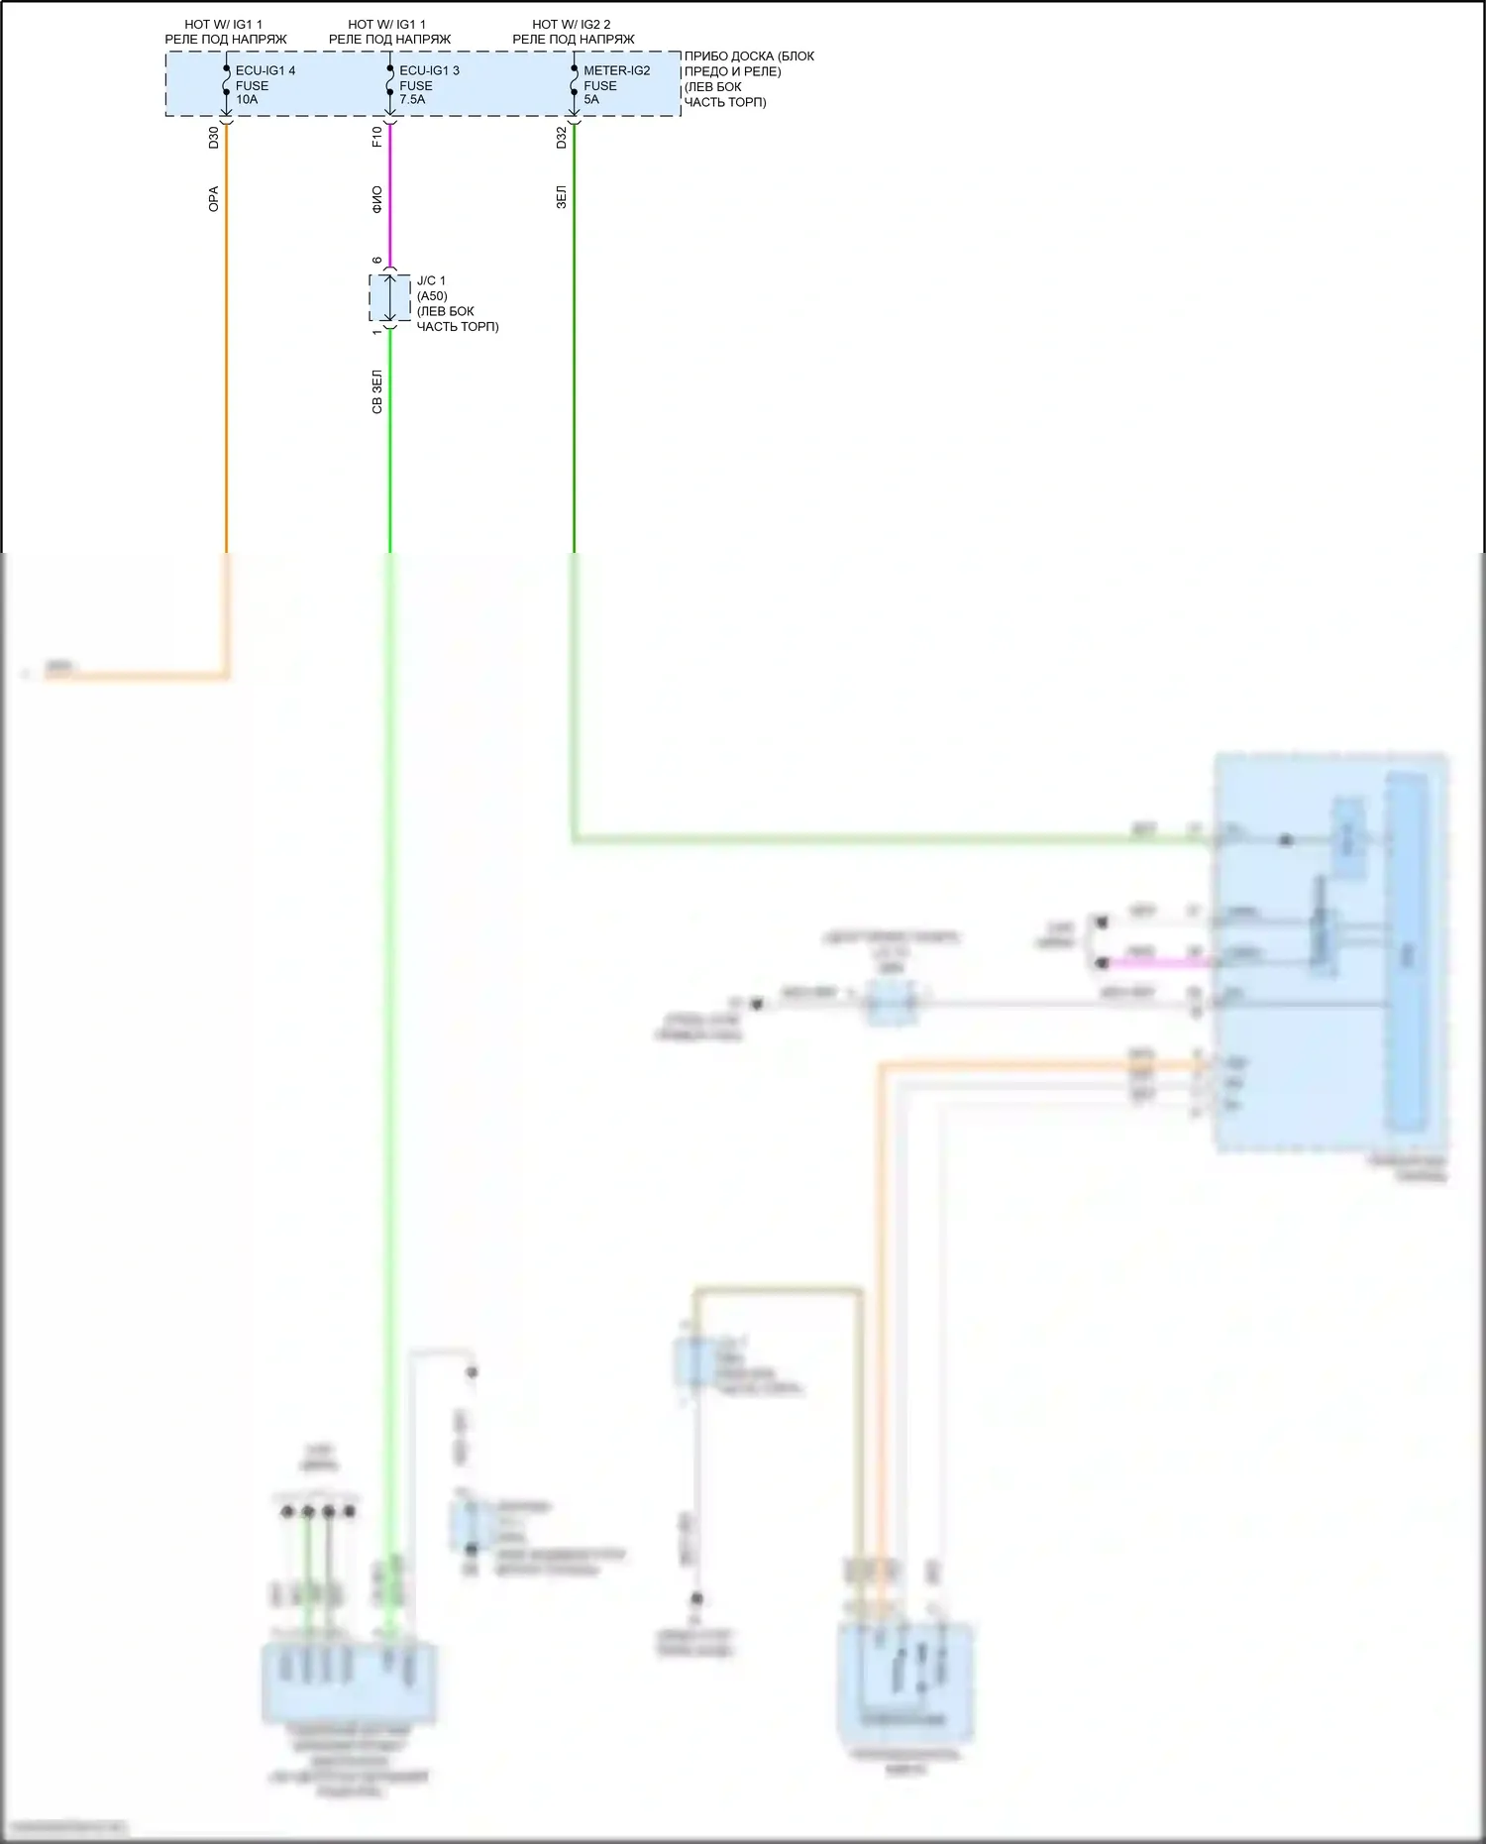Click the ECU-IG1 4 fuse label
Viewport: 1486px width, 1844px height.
(265, 70)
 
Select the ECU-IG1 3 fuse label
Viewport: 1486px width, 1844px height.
(429, 70)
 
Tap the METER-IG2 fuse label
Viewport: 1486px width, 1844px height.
(616, 70)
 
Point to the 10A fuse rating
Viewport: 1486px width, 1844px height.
(247, 99)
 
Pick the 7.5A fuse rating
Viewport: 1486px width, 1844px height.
(412, 99)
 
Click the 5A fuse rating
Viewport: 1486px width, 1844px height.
(591, 99)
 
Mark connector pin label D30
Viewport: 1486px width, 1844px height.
(214, 138)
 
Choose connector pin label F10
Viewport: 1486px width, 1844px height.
(377, 137)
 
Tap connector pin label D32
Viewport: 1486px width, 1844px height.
(562, 138)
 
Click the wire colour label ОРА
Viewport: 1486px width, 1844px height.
(214, 198)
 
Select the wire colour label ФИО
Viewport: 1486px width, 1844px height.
(377, 199)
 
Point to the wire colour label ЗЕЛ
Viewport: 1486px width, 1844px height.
(562, 196)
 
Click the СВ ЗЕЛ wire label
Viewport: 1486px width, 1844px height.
(377, 391)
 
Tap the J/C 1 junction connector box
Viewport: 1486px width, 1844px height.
(389, 298)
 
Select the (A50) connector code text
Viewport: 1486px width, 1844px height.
(432, 296)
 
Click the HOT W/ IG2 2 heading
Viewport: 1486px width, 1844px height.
(572, 24)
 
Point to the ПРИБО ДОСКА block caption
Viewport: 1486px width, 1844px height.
(749, 56)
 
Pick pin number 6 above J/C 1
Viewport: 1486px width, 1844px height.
(377, 261)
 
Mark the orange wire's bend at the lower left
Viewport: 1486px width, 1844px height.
(226, 677)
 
